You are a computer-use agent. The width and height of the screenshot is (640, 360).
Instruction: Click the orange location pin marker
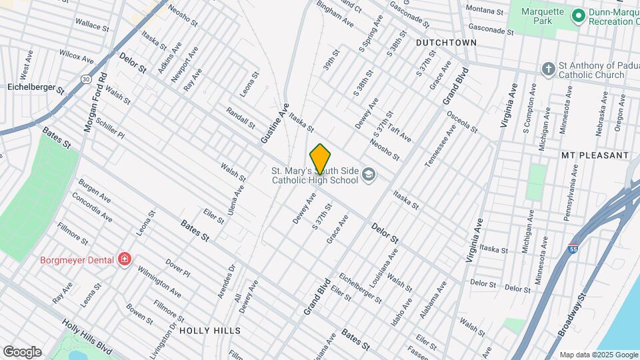(x=321, y=159)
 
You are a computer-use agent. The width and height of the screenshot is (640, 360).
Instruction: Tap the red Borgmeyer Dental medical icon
(x=124, y=259)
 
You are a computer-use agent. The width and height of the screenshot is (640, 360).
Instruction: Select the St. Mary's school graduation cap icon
(x=369, y=175)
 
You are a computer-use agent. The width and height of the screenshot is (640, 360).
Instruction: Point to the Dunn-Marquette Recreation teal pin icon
(x=578, y=15)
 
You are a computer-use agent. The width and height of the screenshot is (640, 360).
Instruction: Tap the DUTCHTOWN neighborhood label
(x=446, y=42)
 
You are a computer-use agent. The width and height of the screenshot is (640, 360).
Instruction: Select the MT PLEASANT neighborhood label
(x=595, y=155)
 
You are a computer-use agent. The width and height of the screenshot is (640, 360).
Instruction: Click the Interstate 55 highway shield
(x=573, y=249)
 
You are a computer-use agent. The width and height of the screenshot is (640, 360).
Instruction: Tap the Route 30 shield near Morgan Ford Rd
(x=87, y=79)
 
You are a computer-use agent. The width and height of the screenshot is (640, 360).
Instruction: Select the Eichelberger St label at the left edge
(x=35, y=87)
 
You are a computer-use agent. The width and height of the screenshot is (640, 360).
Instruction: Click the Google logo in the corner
(x=22, y=351)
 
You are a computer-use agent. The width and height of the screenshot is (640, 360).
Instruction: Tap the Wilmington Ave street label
(x=159, y=283)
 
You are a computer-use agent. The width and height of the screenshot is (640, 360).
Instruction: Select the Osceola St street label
(x=462, y=121)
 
